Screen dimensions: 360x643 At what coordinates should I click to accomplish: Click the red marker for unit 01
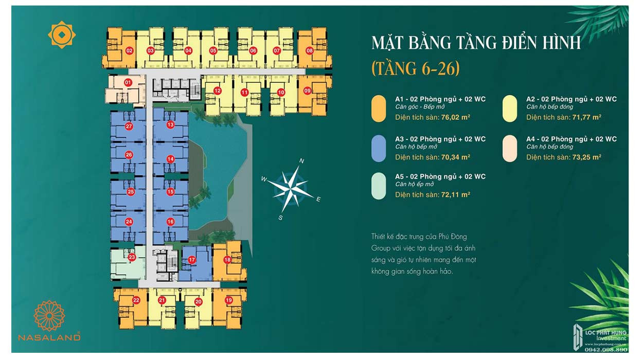[x=128, y=82]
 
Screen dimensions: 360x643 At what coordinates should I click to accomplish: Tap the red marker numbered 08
[x=309, y=50]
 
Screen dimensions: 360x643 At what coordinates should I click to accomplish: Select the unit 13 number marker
[x=170, y=125]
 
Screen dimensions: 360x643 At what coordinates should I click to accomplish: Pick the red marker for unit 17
[x=192, y=260]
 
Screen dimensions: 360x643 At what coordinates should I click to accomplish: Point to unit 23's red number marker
[x=132, y=257]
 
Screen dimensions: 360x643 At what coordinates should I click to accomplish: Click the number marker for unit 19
[x=229, y=300]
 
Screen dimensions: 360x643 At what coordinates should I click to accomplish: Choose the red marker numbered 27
[x=129, y=126]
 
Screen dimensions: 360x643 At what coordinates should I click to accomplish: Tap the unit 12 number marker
[x=218, y=91]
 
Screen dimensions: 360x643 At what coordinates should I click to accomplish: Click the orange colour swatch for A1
[x=379, y=109]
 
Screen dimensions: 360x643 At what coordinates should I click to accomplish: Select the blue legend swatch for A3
[x=379, y=149]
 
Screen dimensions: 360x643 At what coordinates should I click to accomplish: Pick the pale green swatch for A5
[x=379, y=186]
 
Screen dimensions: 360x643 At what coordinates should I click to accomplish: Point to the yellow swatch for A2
[x=510, y=109]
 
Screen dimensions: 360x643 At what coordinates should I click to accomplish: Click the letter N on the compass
[x=302, y=161]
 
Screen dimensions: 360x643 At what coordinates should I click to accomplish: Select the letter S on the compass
[x=281, y=218]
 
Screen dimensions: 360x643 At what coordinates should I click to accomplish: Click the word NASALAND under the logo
[x=49, y=337]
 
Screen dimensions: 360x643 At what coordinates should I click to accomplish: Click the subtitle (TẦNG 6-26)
[x=415, y=68]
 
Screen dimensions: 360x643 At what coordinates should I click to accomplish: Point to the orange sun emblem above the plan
[x=62, y=35]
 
